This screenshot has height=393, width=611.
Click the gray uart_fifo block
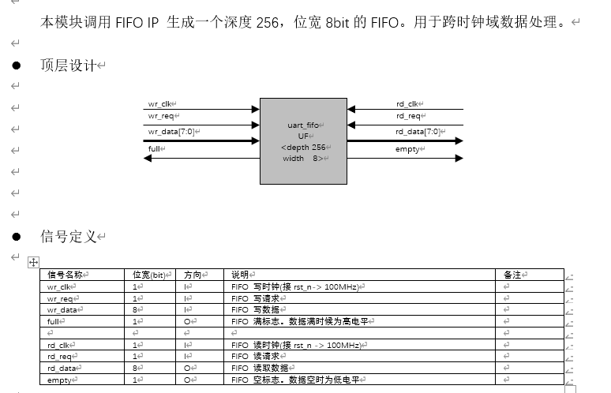pyautogui.click(x=303, y=140)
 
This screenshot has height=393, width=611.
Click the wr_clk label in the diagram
pyautogui.click(x=159, y=103)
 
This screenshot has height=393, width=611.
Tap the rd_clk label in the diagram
pyautogui.click(x=407, y=103)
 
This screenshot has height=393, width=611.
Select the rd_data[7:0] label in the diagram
pyautogui.click(x=418, y=132)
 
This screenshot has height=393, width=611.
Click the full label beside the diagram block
pyautogui.click(x=154, y=148)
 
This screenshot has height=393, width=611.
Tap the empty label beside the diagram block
pyautogui.click(x=408, y=148)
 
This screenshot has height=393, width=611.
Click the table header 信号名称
pyautogui.click(x=66, y=275)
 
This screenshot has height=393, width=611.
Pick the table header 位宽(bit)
pyautogui.click(x=149, y=275)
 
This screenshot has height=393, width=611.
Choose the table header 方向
pyautogui.click(x=193, y=275)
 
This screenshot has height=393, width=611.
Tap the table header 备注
pyautogui.click(x=513, y=275)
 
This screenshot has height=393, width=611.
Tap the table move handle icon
pyautogui.click(x=33, y=261)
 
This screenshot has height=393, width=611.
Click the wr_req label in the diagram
pyautogui.click(x=160, y=117)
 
